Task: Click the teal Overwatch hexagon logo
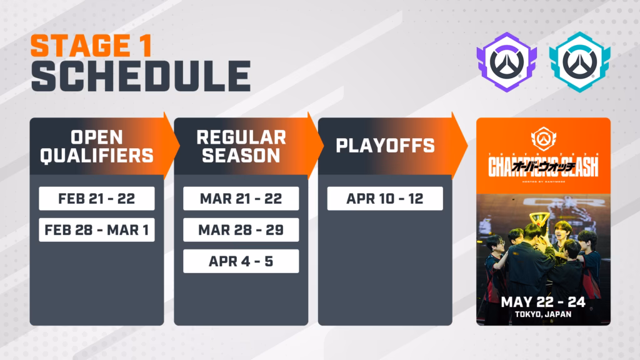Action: tap(579, 61)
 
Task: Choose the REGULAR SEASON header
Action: tap(241, 146)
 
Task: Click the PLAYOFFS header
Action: tap(385, 146)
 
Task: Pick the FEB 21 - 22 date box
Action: tap(96, 199)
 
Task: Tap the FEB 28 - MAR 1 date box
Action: tap(96, 230)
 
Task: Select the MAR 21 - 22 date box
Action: tap(241, 199)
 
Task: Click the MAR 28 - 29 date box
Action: tap(241, 230)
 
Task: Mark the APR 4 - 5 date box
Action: tap(241, 261)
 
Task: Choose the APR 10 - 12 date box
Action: tap(385, 199)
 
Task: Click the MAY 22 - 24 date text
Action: tap(543, 302)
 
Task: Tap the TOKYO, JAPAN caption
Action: tap(543, 315)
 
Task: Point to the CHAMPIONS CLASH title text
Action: tap(543, 167)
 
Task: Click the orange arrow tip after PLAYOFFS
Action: tap(462, 146)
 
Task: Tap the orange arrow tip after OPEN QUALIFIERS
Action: tap(173, 146)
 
